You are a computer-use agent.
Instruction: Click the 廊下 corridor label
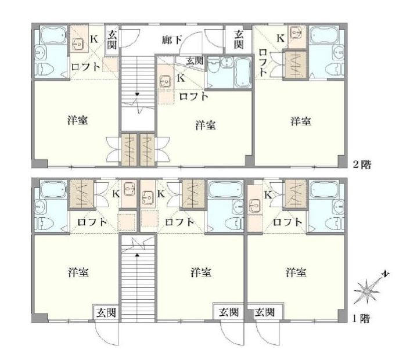(172, 40)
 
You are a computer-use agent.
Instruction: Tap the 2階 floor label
(362, 164)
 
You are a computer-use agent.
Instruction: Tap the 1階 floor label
(361, 318)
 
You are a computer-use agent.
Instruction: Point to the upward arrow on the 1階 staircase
(137, 255)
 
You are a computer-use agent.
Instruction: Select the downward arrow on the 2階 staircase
(137, 94)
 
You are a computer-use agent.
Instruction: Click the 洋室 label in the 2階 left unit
(77, 120)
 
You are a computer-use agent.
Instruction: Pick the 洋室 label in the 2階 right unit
(300, 121)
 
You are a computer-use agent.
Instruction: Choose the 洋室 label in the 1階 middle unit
(201, 272)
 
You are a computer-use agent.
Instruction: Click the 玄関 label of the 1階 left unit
(106, 312)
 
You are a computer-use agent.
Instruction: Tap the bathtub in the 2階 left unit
(53, 35)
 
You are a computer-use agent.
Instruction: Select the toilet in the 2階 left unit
(44, 70)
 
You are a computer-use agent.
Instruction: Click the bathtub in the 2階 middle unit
(242, 73)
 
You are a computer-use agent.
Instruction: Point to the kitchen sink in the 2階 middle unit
(165, 81)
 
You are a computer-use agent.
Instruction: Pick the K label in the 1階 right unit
(268, 195)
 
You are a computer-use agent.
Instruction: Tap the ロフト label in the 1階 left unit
(92, 221)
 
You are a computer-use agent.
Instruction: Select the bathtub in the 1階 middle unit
(225, 189)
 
